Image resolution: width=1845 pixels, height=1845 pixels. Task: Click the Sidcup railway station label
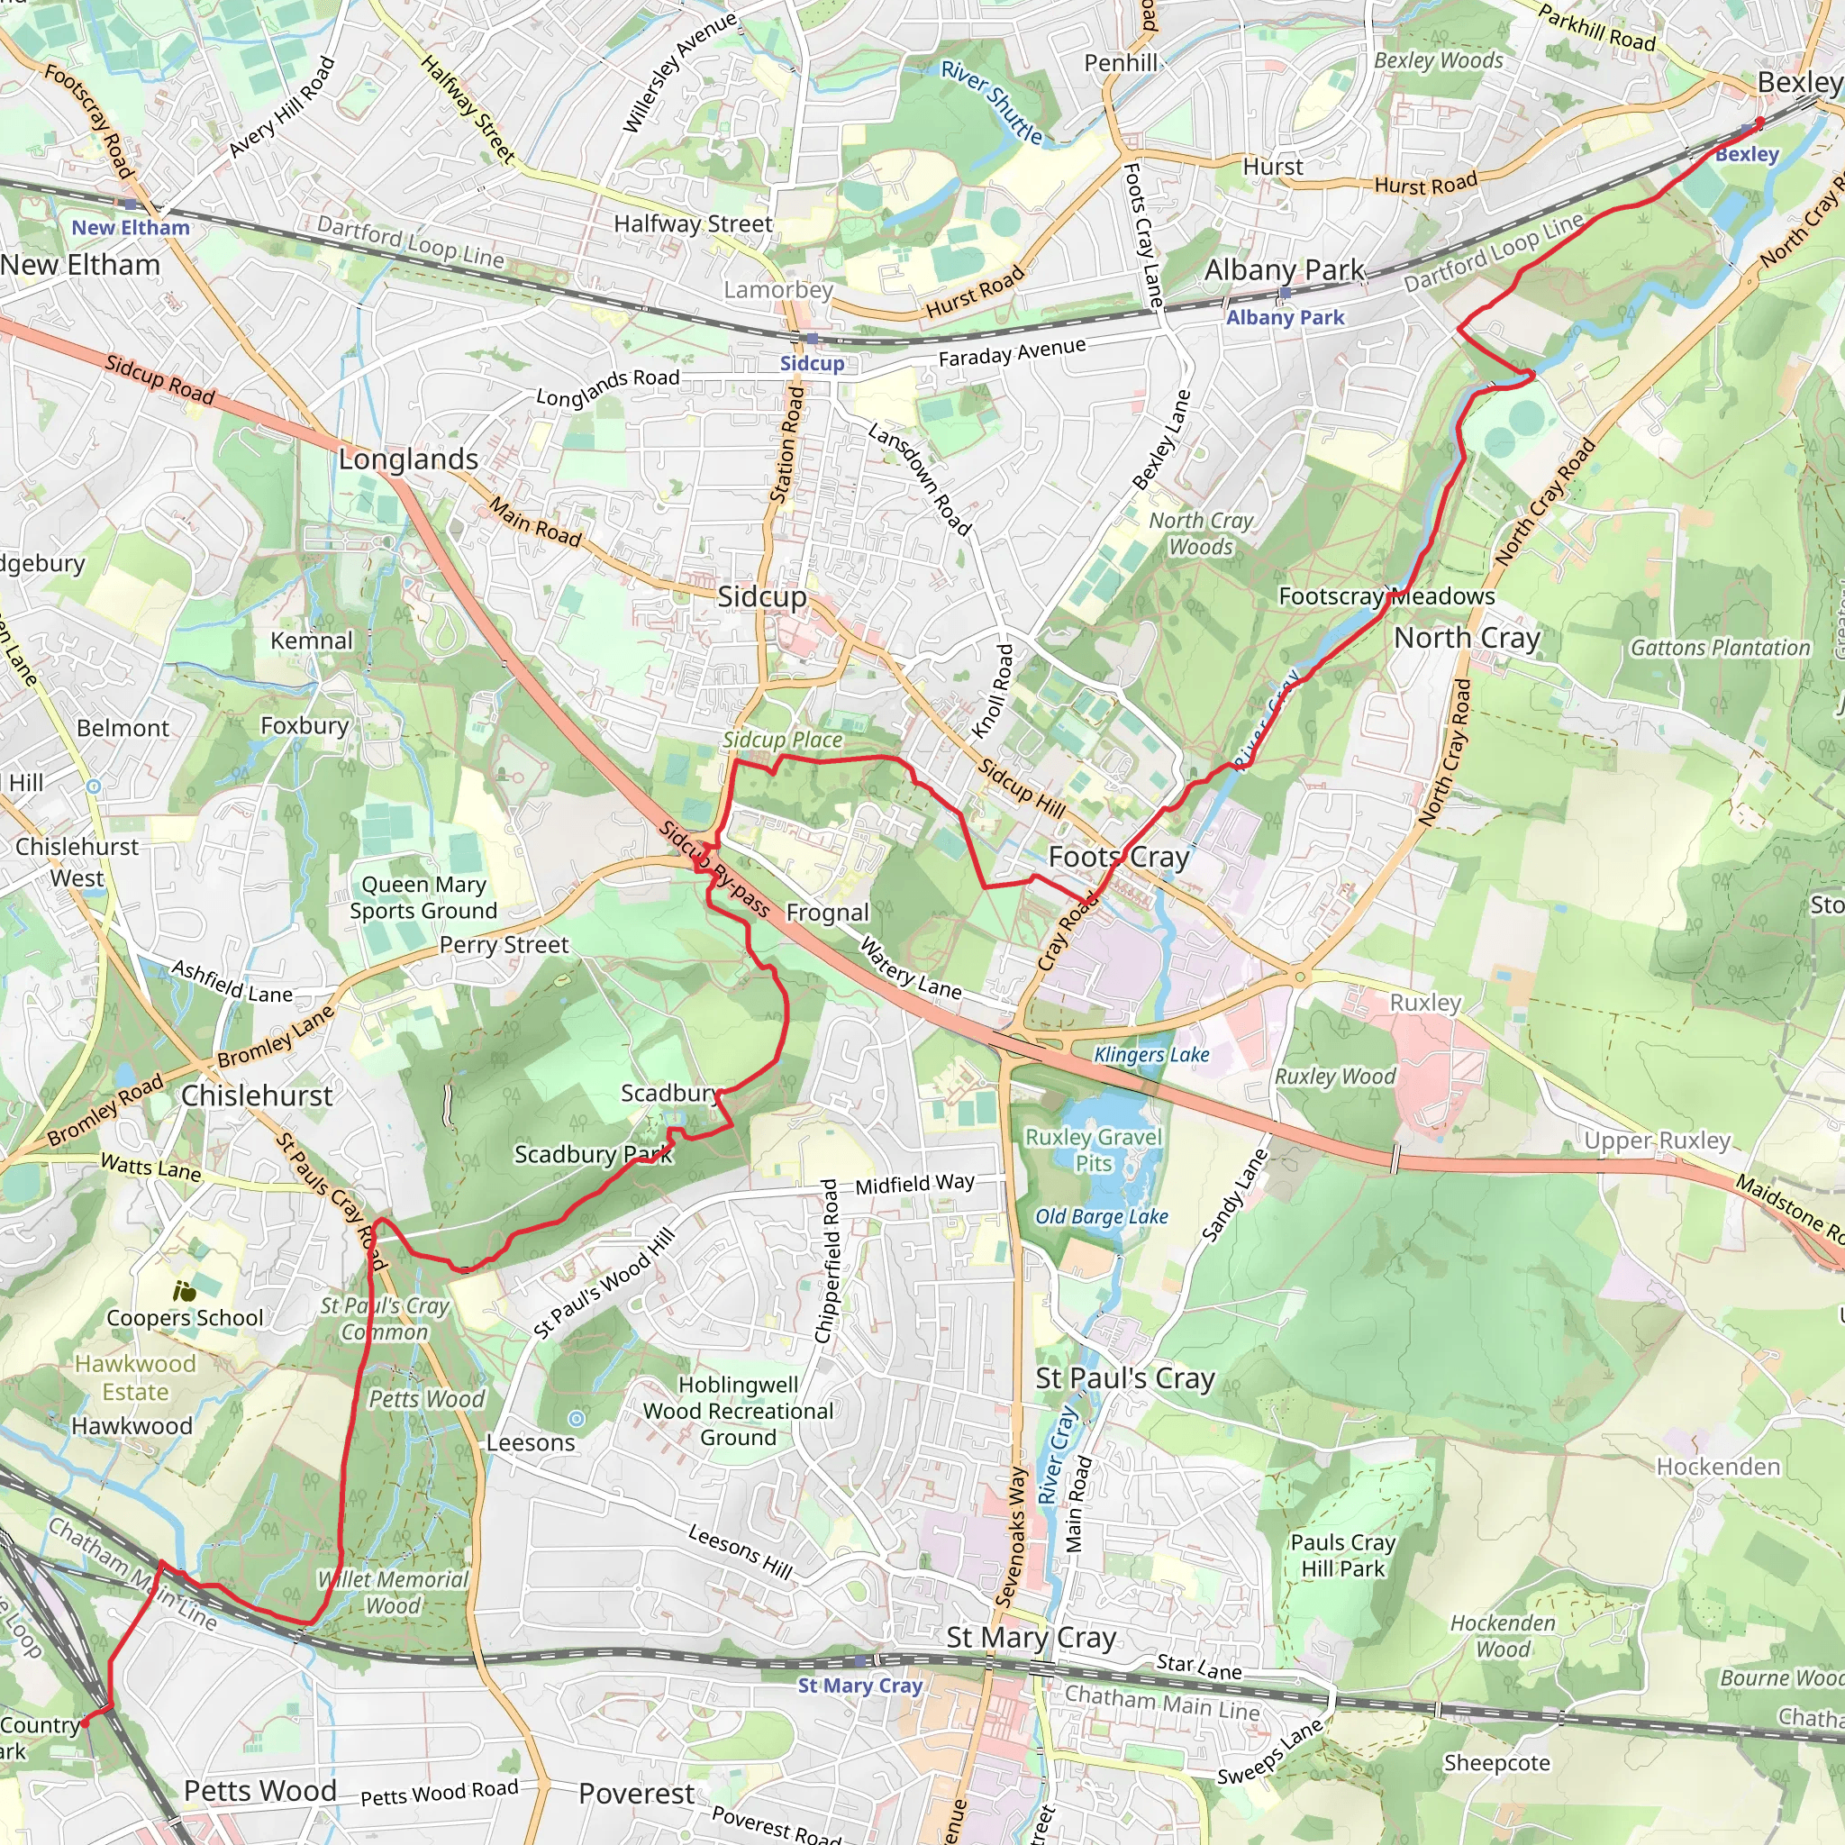click(812, 363)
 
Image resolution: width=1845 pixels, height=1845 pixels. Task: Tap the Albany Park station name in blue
click(1285, 317)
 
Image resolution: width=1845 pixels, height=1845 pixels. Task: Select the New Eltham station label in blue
click(131, 227)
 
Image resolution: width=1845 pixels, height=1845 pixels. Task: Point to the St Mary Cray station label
click(859, 1686)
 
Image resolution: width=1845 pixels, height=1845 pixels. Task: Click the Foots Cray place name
click(1118, 857)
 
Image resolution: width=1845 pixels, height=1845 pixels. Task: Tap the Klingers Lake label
click(1150, 1054)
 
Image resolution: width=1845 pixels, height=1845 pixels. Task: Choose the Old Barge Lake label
click(1101, 1216)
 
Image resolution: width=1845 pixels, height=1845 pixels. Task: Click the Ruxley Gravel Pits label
click(1094, 1150)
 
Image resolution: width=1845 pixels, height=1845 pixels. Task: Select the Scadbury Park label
click(593, 1155)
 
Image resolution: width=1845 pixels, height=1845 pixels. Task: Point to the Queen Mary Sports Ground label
click(423, 897)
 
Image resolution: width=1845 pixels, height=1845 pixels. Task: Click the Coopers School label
click(185, 1318)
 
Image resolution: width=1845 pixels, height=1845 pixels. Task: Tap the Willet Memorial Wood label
click(393, 1592)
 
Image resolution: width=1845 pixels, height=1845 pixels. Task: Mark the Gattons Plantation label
click(1719, 648)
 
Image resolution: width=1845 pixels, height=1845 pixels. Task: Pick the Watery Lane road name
click(910, 968)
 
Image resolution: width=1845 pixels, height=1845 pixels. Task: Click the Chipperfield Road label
click(829, 1260)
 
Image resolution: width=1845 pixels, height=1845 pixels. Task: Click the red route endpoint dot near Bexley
click(1760, 122)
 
